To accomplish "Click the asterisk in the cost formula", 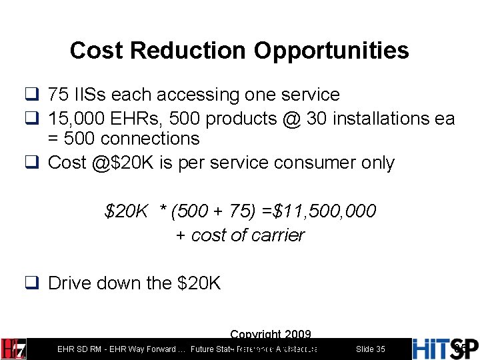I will [162, 211].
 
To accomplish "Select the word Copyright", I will [255, 334].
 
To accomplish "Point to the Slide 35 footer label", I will [371, 349].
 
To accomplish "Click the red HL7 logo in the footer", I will [13, 348].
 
